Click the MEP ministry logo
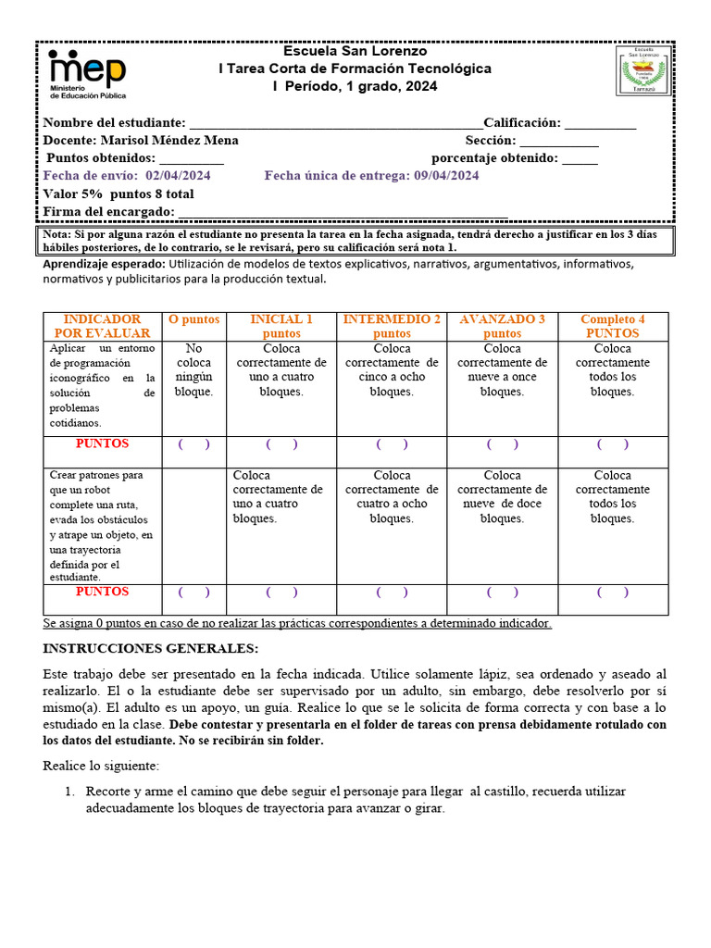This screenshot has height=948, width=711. (x=88, y=73)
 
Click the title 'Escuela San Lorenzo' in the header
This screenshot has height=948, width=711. (x=355, y=52)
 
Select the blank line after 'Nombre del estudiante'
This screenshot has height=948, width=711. (x=334, y=124)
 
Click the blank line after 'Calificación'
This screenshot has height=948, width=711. (x=600, y=124)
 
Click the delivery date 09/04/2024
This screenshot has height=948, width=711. (x=446, y=176)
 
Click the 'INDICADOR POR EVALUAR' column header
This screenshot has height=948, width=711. (x=102, y=326)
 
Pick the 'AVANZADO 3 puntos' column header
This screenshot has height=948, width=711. (x=502, y=326)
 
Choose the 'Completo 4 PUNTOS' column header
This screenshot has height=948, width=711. (x=612, y=326)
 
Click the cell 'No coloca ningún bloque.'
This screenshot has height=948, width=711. (x=193, y=370)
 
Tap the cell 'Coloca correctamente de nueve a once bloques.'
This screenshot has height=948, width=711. (x=502, y=370)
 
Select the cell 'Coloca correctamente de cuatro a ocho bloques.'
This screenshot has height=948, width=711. (x=392, y=497)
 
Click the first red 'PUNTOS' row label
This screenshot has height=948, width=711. (x=102, y=444)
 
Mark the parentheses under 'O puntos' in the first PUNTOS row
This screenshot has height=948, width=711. (x=193, y=444)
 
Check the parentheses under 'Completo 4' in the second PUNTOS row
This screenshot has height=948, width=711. (x=612, y=592)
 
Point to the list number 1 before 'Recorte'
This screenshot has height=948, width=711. (x=69, y=792)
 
